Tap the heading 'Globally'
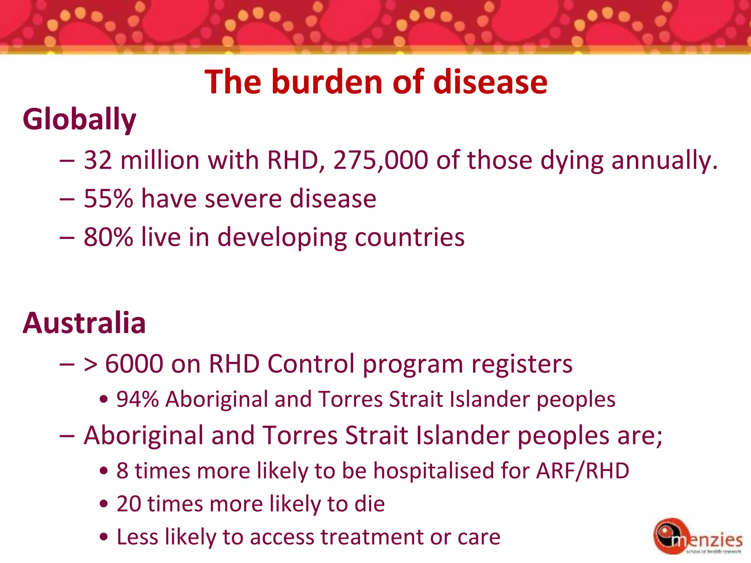(x=79, y=119)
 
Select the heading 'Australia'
(x=84, y=323)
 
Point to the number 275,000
(x=380, y=160)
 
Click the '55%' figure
(x=108, y=199)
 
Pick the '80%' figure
(x=108, y=237)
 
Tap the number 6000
(x=134, y=364)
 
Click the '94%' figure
(x=138, y=399)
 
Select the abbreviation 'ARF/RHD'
(x=583, y=471)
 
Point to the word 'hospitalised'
(x=433, y=471)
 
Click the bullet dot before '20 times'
(x=104, y=504)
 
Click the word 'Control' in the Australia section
(x=311, y=364)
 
